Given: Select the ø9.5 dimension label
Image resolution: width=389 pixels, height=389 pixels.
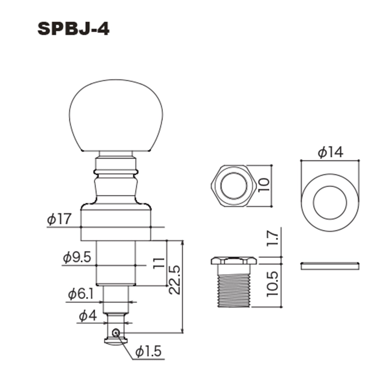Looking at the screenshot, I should point(77,257).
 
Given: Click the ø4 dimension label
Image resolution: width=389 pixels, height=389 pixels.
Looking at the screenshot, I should point(88,316).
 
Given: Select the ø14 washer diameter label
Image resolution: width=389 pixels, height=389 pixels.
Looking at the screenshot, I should point(330,152).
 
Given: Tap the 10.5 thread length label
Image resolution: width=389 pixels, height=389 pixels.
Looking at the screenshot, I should point(272,284).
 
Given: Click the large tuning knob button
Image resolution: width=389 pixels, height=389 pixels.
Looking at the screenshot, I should point(116,116).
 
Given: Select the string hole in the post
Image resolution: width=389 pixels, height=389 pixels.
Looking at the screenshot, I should point(116,333).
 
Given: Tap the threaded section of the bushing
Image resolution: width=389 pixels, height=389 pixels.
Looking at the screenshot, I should point(234,291).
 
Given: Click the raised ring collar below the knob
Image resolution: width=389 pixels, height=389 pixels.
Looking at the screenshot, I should point(116,171).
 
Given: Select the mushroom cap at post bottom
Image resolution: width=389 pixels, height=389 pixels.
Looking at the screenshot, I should point(116,341).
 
